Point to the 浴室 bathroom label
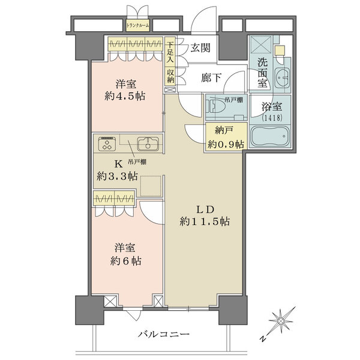274,108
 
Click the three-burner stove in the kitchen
108,144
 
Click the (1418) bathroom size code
274,119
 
